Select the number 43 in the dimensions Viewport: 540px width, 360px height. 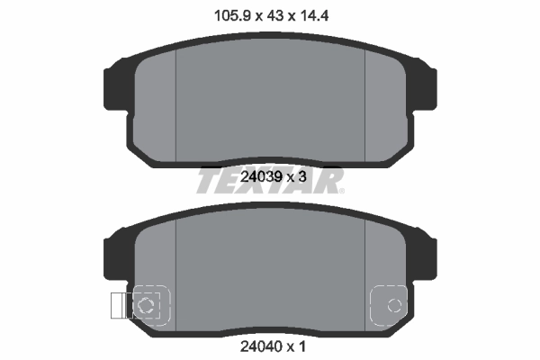(x=270, y=14)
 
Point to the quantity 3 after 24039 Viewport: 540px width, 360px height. (x=305, y=177)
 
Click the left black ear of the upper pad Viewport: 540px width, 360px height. (x=115, y=86)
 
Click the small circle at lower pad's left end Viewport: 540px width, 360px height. (x=146, y=305)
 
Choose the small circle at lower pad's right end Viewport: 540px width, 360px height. (x=392, y=305)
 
